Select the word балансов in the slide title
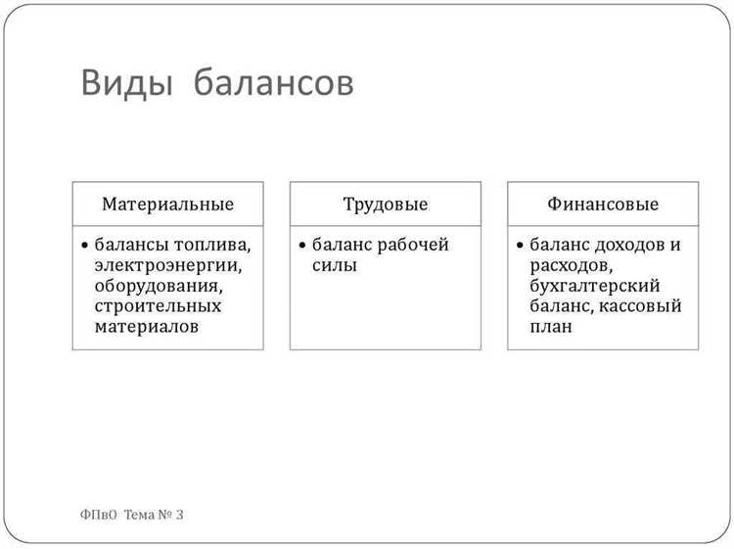point(274,85)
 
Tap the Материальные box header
point(167,206)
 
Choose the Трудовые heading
point(386,206)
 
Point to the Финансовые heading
point(603,206)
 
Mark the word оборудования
point(159,286)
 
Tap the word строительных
point(158,306)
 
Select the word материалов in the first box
point(147,326)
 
